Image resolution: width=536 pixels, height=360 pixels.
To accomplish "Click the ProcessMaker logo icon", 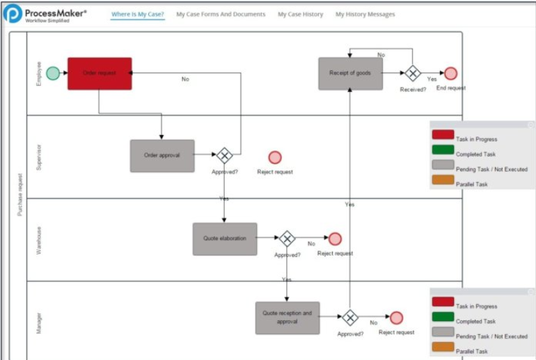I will tap(13, 14).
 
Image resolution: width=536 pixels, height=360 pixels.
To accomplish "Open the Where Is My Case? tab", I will tap(138, 14).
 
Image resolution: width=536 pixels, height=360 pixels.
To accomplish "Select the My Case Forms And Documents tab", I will tap(221, 14).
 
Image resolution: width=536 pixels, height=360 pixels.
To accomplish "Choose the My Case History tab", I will tap(300, 14).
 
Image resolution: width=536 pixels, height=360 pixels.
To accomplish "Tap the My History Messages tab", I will tap(365, 14).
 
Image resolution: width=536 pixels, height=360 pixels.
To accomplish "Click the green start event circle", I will tap(53, 73).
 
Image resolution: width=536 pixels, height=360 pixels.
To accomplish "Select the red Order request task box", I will tap(100, 73).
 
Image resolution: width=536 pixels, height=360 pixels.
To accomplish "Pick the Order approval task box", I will tap(162, 155).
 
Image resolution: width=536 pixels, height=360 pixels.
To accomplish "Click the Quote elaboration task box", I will tap(225, 239).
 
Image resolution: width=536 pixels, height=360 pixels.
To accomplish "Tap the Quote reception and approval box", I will tap(287, 318).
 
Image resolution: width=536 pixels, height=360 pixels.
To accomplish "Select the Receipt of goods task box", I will tap(351, 73).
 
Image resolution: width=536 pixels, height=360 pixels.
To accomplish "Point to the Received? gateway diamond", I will tap(413, 73).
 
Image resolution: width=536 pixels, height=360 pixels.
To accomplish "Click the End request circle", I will tap(450, 73).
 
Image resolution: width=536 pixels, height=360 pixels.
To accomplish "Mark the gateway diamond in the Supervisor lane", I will tap(224, 155).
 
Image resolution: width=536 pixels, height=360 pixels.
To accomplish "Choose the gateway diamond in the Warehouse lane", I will tap(287, 239).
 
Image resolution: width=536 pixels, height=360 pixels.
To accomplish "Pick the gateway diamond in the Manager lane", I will tap(349, 318).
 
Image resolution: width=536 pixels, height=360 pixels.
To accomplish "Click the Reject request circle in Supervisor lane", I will tap(275, 157).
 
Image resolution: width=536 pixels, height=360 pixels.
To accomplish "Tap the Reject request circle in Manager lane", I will tap(397, 318).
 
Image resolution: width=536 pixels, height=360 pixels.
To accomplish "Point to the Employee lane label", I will tap(38, 73).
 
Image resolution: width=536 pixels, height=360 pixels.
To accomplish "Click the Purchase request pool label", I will tap(19, 195).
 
